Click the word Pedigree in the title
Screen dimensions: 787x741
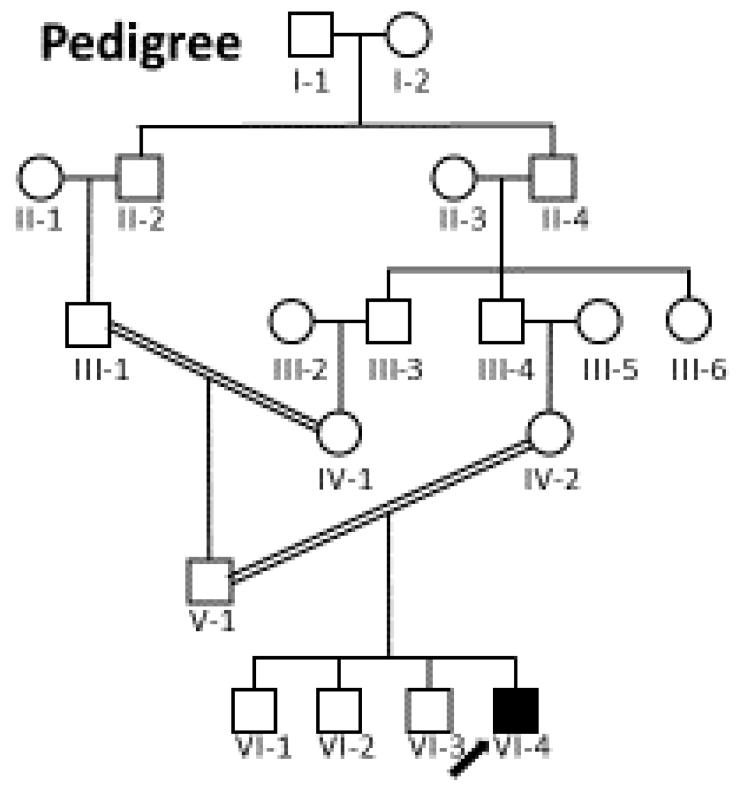(141, 43)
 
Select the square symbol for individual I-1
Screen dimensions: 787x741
(311, 35)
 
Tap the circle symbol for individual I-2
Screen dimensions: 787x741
(408, 35)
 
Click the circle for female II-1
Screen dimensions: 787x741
(40, 178)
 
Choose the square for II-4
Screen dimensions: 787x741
(553, 178)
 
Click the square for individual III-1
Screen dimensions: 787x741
(88, 325)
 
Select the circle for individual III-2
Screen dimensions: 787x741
(291, 322)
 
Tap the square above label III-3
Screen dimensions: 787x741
(388, 322)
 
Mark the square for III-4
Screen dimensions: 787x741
(502, 322)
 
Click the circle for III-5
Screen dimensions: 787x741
(600, 322)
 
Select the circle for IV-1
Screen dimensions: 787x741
(339, 433)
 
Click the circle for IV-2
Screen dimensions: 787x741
(550, 433)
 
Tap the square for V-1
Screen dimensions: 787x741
(210, 581)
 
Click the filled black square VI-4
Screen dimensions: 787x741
(516, 710)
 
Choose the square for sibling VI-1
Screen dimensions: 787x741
(254, 711)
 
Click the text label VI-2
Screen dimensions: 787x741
(346, 747)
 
